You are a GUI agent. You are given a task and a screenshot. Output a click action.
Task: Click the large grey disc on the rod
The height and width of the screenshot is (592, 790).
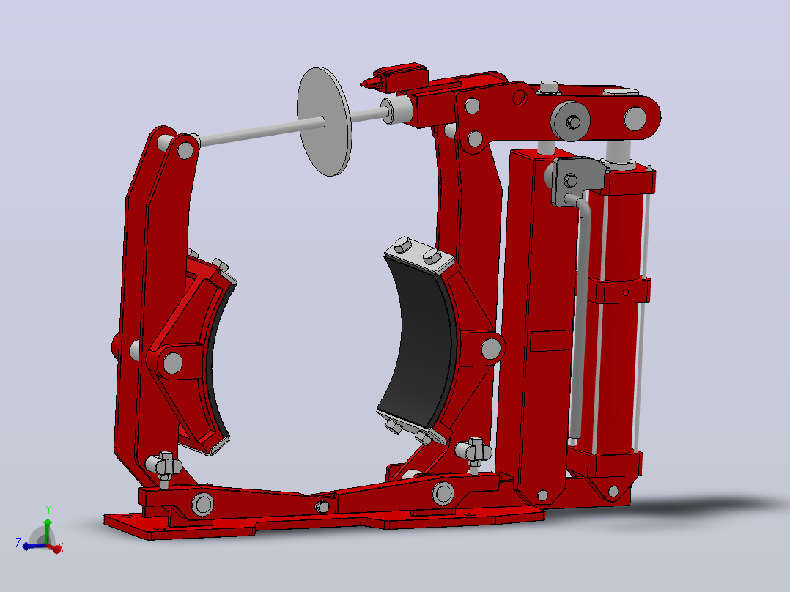point(324,122)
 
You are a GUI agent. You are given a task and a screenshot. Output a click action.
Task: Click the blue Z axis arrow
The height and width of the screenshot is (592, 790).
point(32,546)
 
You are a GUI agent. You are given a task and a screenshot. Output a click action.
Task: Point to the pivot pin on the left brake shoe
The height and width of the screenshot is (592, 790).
point(173,363)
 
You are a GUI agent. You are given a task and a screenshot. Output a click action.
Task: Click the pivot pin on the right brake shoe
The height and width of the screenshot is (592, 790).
point(491,349)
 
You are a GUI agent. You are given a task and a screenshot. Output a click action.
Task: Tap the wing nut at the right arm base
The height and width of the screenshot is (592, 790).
point(473,451)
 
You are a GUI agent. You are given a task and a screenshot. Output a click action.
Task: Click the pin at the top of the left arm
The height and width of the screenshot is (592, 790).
point(185,150)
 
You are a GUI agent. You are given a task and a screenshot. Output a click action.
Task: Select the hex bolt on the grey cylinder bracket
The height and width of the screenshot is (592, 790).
point(570,180)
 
